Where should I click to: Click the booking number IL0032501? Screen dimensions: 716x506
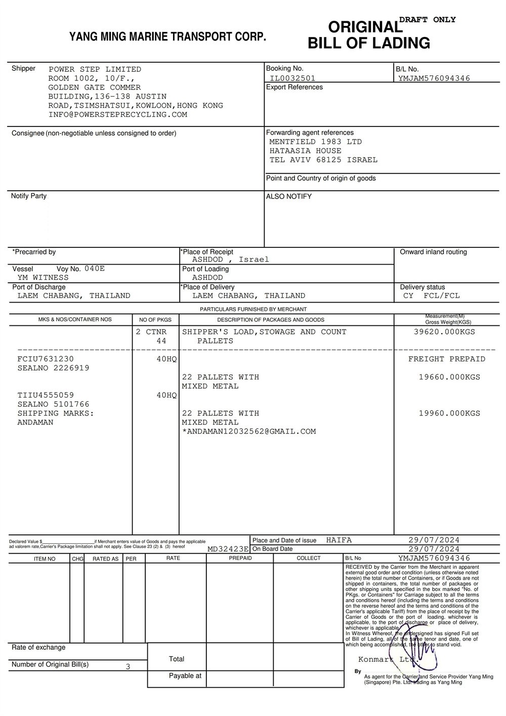pos(292,78)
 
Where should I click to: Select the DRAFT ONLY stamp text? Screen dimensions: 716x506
pos(428,20)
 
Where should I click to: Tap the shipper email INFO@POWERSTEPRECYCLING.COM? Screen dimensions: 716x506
pos(118,115)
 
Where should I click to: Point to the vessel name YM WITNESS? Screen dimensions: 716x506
pos(43,278)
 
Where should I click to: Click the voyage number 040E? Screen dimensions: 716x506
pos(95,269)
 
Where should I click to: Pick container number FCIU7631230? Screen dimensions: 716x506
pos(46,359)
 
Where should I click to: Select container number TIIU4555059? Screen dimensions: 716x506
pos(46,395)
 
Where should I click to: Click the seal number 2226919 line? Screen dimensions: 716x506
pos(53,368)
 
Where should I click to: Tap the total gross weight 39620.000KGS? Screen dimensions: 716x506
pos(444,332)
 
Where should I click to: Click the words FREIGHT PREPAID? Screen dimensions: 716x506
pos(447,359)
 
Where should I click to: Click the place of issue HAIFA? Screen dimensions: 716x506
pos(339,540)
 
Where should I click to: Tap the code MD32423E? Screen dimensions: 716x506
pos(228,549)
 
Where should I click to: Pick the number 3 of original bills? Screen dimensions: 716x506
pos(128,666)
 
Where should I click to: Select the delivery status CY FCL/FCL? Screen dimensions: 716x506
pos(432,296)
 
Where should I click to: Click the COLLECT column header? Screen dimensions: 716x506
pos(309,558)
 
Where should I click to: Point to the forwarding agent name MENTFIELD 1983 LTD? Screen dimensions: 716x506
pos(315,142)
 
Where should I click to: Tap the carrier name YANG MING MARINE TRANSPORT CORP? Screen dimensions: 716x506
pos(167,36)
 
